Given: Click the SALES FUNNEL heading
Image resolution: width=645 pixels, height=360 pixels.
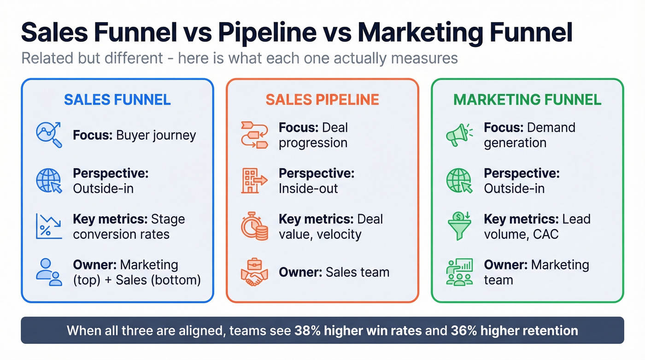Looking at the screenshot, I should pyautogui.click(x=117, y=100).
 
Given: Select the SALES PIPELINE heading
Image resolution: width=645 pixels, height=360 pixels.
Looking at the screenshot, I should pyautogui.click(x=322, y=100).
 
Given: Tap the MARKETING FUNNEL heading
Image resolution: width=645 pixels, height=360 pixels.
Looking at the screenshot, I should pyautogui.click(x=527, y=100).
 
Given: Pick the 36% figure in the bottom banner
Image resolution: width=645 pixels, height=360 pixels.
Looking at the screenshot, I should pyautogui.click(x=461, y=330).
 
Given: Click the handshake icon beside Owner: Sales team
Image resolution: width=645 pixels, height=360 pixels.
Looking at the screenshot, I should pyautogui.click(x=254, y=271).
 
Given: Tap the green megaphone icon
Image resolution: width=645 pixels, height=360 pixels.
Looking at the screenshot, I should pyautogui.click(x=459, y=135).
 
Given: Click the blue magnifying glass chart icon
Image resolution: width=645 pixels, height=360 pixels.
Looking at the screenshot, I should pyautogui.click(x=49, y=135).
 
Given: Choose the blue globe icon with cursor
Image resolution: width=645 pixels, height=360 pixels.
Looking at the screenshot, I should pyautogui.click(x=49, y=181).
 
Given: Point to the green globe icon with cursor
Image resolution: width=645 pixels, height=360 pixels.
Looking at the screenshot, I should pyautogui.click(x=459, y=181).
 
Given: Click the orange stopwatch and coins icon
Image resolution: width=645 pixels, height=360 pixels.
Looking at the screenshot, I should pyautogui.click(x=254, y=226).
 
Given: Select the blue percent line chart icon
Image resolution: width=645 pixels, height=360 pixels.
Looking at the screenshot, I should pyautogui.click(x=49, y=226).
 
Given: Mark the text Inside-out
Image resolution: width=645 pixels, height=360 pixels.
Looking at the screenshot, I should pyautogui.click(x=308, y=189).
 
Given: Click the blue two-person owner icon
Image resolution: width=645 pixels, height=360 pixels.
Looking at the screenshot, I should pyautogui.click(x=49, y=271).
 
